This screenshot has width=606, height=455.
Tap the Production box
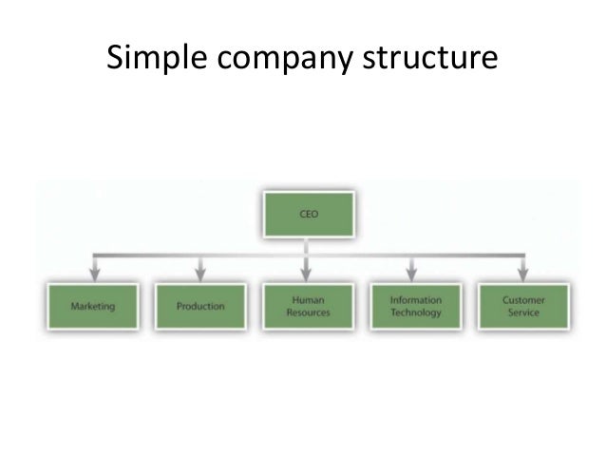click(200, 306)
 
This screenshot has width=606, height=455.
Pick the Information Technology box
click(416, 306)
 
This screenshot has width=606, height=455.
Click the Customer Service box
click(523, 306)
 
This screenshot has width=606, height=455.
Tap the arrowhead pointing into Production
click(200, 273)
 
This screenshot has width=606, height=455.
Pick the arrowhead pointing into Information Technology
click(416, 273)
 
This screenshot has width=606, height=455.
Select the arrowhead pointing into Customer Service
click(523, 273)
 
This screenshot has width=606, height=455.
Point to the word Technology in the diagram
click(416, 313)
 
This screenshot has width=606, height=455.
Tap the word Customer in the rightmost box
click(523, 298)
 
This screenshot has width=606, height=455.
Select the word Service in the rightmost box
click(523, 313)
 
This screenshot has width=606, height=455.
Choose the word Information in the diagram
click(416, 298)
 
